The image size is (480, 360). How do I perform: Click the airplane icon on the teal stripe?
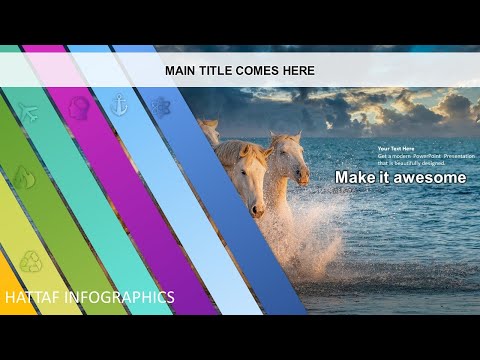pyautogui.click(x=27, y=110)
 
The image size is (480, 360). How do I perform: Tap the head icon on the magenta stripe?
pyautogui.click(x=78, y=106)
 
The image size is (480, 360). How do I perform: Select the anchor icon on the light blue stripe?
pyautogui.click(x=119, y=104)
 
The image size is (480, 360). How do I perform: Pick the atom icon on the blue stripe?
pyautogui.click(x=160, y=107)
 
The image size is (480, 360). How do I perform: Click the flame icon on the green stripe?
pyautogui.click(x=23, y=177)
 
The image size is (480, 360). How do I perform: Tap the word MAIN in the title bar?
pyautogui.click(x=181, y=71)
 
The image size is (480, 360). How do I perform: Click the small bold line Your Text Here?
pyautogui.click(x=396, y=149)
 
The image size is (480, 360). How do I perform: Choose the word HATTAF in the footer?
pyautogui.click(x=31, y=298)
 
